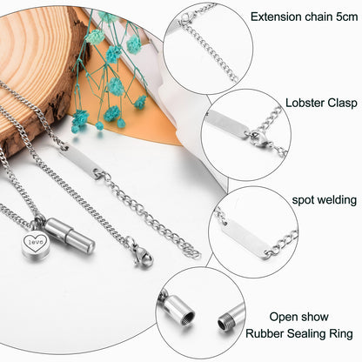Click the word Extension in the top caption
click(x=275, y=16)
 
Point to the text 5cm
click(x=342, y=16)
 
